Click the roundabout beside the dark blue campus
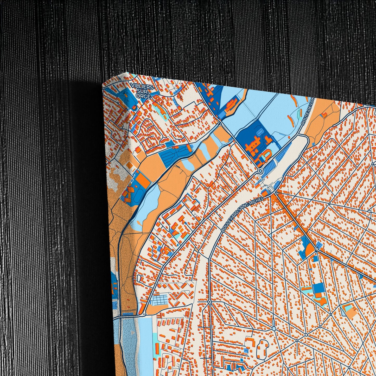coord(260,171)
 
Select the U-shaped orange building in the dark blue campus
coord(267,154)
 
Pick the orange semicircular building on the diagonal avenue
coord(309,250)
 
